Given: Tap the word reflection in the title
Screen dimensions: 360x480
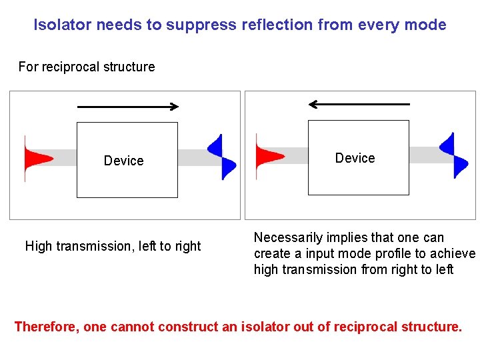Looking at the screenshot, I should coord(277,25).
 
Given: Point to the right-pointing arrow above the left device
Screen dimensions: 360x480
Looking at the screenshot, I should coord(129,106).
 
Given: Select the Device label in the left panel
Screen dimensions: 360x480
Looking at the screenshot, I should coord(123,161).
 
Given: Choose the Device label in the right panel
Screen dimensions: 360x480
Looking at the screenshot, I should coord(355,158).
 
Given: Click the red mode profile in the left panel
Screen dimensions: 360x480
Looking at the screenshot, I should coord(35,159).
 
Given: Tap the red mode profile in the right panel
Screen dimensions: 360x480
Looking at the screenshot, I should coord(266,157).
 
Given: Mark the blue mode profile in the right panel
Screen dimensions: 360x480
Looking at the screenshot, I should coord(453,155).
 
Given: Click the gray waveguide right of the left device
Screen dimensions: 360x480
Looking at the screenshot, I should coord(193,158).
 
